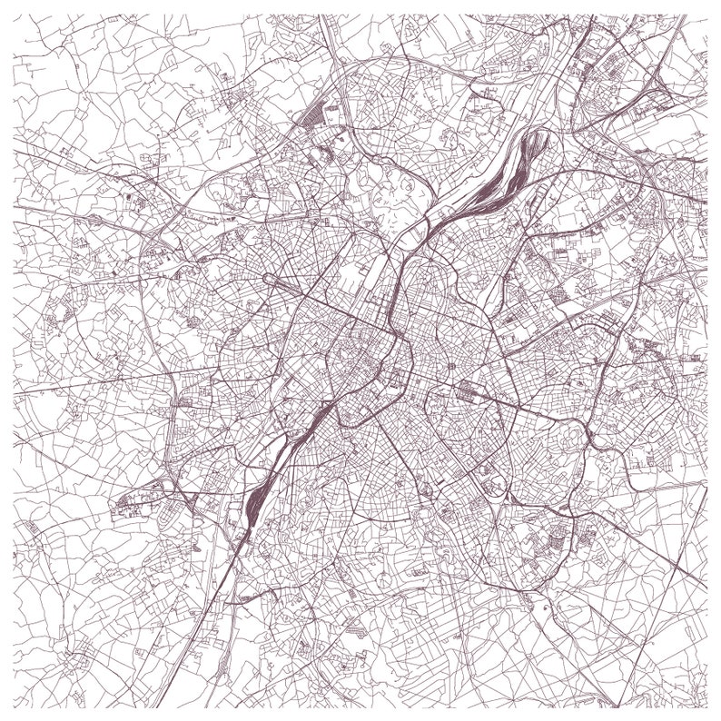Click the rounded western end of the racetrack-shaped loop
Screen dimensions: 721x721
tap(267, 278)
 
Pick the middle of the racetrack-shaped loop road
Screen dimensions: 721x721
tap(300, 289)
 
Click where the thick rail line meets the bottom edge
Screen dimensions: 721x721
tap(164, 707)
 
